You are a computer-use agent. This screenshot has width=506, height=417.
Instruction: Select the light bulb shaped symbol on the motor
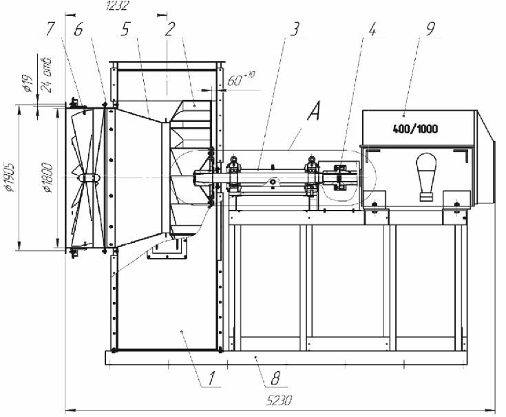point(424,176)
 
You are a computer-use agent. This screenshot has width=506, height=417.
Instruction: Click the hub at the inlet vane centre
point(89,178)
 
